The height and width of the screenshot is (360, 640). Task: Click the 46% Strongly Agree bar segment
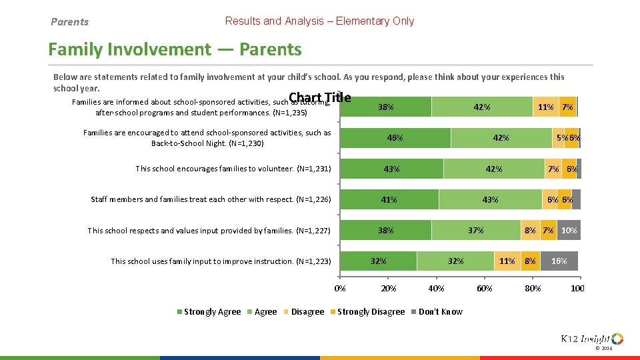point(395,138)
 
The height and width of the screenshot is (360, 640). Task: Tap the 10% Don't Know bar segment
point(569,230)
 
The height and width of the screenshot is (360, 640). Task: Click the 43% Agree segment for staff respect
point(490,199)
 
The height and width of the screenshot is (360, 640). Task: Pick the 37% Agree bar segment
point(475,230)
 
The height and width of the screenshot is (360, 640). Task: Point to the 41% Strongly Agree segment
point(389,199)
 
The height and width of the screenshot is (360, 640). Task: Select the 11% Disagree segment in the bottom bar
point(507,261)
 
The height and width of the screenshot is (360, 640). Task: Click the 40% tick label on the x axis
point(436,289)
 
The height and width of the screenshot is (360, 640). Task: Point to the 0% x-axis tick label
point(340,289)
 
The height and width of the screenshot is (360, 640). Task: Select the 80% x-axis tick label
point(533,289)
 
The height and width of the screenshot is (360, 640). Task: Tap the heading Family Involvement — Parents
point(175,49)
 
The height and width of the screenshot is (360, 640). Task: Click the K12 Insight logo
point(592,339)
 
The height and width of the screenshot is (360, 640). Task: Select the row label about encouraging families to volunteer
point(233,169)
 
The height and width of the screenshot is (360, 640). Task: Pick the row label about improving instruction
point(221,261)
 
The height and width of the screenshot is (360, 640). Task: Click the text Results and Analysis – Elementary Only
point(319,21)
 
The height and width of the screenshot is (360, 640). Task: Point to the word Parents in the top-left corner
point(69,22)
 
